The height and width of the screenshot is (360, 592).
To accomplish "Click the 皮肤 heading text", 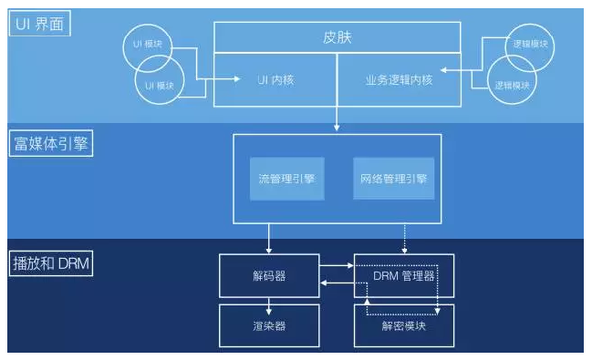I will [337, 38].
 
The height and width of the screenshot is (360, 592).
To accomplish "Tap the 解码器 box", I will [268, 275].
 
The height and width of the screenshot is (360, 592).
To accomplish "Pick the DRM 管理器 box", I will [405, 275].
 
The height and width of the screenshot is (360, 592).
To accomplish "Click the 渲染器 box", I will [268, 323].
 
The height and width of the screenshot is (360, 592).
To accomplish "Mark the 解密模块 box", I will [405, 323].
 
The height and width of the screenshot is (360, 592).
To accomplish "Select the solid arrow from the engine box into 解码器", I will [268, 238].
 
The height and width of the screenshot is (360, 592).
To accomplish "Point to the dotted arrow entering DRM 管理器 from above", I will [405, 238].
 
